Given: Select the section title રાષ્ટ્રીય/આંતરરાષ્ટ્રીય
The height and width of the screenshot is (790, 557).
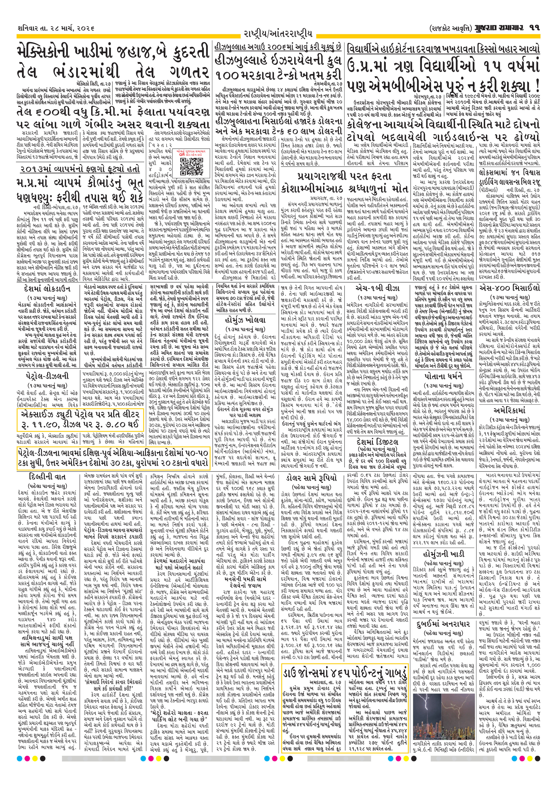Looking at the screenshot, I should [278, 34].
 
